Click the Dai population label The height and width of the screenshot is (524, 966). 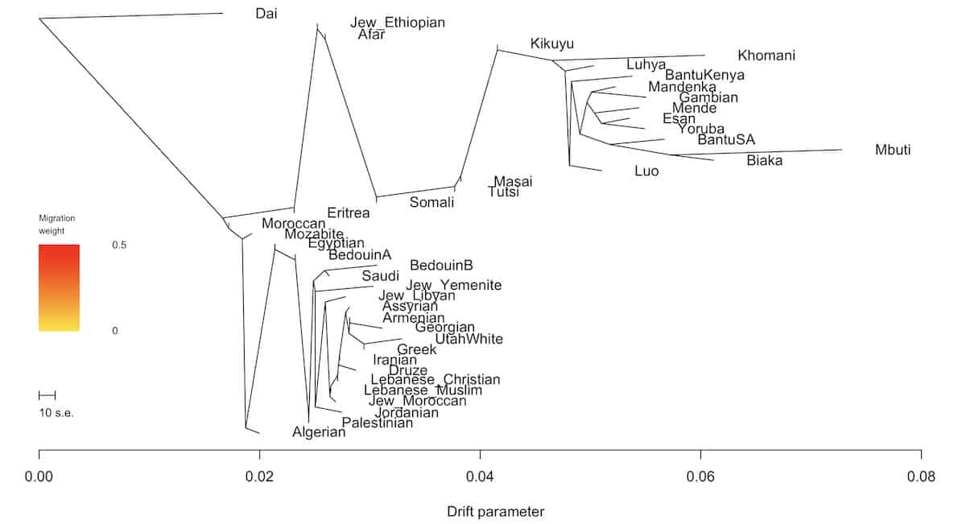(x=266, y=13)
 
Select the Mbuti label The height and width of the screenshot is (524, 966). (x=895, y=150)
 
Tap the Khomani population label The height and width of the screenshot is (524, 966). (x=766, y=56)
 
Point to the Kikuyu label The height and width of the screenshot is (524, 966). (x=552, y=43)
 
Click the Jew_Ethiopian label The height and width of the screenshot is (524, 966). (x=398, y=23)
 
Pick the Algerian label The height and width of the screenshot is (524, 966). (x=319, y=432)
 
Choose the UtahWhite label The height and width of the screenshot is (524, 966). (x=469, y=339)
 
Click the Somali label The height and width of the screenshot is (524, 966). (x=432, y=202)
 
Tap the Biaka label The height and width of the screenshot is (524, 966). (x=765, y=160)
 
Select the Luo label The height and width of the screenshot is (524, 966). (x=646, y=171)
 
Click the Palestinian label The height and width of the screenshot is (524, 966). (x=378, y=423)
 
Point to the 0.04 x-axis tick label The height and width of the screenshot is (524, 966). (x=480, y=477)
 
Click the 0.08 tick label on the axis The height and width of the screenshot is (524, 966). (x=921, y=477)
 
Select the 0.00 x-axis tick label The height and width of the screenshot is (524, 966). (x=39, y=477)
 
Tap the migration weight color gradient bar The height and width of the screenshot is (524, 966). (x=59, y=287)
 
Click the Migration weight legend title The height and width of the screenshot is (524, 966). (x=57, y=225)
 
